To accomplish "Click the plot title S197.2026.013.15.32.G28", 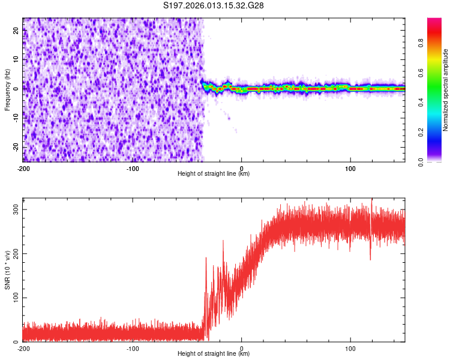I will (214, 5).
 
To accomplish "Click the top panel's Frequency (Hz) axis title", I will (7, 90).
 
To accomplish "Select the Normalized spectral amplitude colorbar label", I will (446, 90).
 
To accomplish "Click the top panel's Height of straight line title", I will (214, 174).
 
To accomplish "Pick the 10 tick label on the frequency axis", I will (17, 59).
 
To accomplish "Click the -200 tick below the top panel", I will (24, 168).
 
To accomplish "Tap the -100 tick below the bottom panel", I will (133, 348).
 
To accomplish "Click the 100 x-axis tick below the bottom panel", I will (350, 348).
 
